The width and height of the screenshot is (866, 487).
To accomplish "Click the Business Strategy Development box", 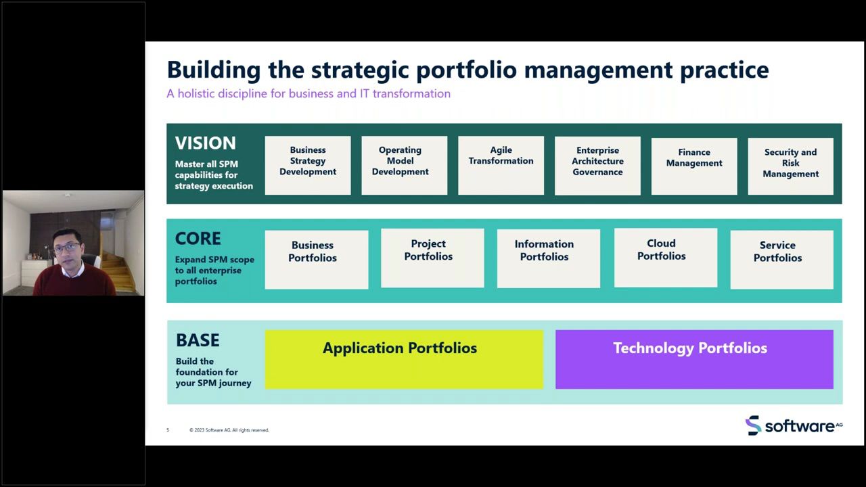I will [308, 165].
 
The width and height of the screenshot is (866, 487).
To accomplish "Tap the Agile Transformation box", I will [501, 165].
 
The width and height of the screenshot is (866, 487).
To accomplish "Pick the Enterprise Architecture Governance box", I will [597, 165].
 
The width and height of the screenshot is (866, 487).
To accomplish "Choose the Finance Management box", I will [694, 166].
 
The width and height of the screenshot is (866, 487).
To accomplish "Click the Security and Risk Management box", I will [790, 166].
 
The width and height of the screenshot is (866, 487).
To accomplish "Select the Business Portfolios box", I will [316, 259].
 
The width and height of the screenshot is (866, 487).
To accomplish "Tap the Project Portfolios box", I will [432, 258].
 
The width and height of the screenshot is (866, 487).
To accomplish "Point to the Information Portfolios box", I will [548, 258].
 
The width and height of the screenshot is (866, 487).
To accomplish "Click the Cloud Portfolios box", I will [665, 257].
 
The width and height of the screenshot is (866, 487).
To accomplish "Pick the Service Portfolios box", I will [781, 259].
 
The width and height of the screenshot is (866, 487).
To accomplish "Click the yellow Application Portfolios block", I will [403, 359].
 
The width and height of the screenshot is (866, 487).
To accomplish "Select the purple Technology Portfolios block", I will [694, 359].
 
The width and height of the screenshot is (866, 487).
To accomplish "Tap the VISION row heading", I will [206, 143].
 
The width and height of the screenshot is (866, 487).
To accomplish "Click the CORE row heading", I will [198, 239].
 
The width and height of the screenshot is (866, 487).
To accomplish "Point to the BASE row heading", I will [198, 340].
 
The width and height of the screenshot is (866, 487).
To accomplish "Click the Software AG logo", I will [794, 425].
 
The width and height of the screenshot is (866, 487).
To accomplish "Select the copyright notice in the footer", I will [229, 430].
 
